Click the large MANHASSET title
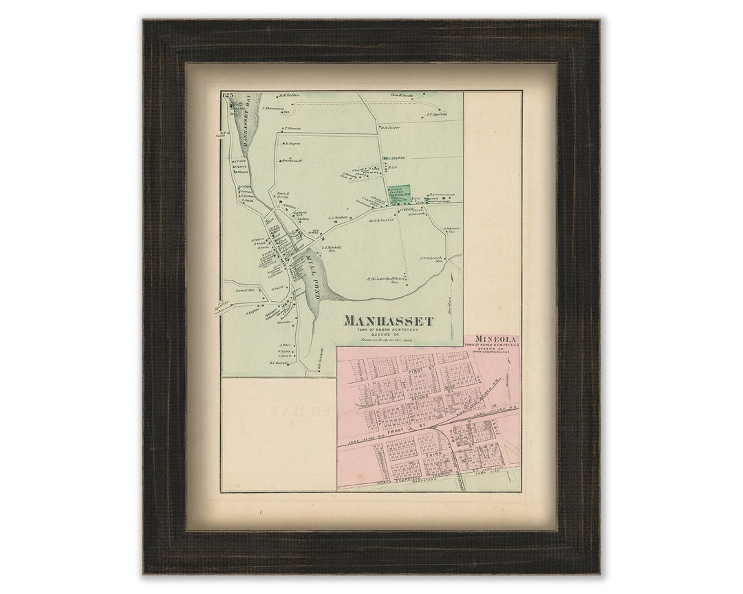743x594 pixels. [x=388, y=321]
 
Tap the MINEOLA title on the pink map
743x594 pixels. [x=491, y=340]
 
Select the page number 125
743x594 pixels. [x=228, y=95]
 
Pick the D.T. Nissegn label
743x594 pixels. [x=292, y=128]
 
